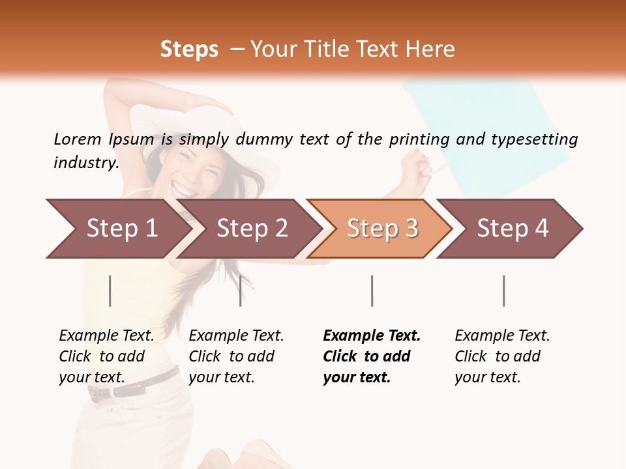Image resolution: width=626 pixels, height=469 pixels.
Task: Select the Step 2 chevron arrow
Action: pyautogui.click(x=252, y=229)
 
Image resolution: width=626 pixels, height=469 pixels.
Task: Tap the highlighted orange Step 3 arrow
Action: pyautogui.click(x=382, y=229)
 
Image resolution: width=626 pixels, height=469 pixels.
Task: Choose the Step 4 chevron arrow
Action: pyautogui.click(x=513, y=229)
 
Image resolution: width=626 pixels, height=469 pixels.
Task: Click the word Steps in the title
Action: pyautogui.click(x=189, y=50)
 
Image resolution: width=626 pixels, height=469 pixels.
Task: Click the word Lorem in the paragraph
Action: pyautogui.click(x=77, y=139)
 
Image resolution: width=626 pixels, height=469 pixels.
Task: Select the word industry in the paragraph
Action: pyautogui.click(x=85, y=162)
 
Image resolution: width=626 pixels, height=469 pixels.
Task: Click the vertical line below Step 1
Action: pyautogui.click(x=110, y=291)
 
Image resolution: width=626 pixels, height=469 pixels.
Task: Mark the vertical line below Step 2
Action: pyautogui.click(x=241, y=291)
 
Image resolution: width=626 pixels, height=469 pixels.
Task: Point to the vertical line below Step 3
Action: pyautogui.click(x=372, y=291)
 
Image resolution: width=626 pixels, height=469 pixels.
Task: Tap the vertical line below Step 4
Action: pyautogui.click(x=503, y=291)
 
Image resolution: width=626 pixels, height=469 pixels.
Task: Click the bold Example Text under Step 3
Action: pyautogui.click(x=372, y=336)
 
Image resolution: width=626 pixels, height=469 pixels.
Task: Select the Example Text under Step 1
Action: pyautogui.click(x=106, y=336)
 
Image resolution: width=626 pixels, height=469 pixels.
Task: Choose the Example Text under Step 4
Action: pyautogui.click(x=502, y=336)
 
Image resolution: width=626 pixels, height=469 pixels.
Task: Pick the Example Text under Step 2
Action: pyautogui.click(x=236, y=336)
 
